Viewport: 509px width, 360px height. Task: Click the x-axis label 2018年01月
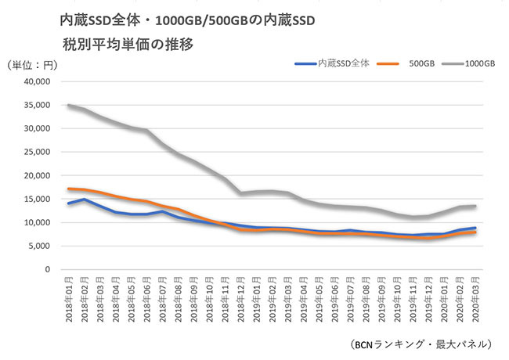[70, 301]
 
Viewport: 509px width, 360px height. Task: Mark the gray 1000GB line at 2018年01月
[70, 105]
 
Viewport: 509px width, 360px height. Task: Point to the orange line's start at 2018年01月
[70, 189]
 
